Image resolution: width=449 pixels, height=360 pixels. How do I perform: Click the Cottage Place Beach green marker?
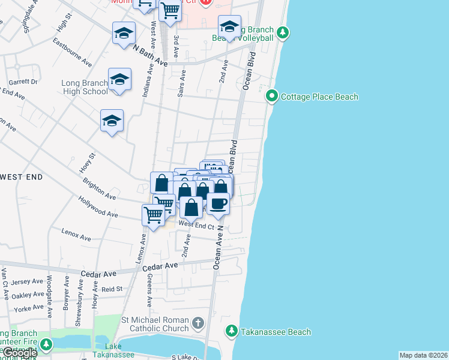[272, 96]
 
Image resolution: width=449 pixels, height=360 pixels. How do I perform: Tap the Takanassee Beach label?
[276, 332]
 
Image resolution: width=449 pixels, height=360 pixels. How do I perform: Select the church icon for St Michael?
[199, 325]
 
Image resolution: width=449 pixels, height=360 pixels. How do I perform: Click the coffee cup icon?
[218, 203]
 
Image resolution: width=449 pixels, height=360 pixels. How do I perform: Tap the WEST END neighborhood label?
[22, 177]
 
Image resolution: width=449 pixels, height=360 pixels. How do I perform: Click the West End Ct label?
[196, 226]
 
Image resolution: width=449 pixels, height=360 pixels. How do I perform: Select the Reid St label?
[112, 289]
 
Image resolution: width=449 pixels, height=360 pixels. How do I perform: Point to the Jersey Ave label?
[28, 281]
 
